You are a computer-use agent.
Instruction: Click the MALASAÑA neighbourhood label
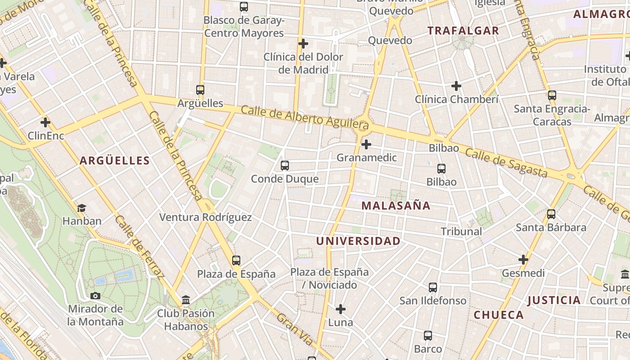[396, 206]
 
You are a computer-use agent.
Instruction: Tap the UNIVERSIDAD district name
[358, 241]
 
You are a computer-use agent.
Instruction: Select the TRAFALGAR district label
[463, 31]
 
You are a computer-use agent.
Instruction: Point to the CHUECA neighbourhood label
[499, 315]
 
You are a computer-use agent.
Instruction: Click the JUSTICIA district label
[554, 300]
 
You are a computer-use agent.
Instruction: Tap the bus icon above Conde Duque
[285, 166]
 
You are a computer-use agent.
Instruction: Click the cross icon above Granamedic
[366, 144]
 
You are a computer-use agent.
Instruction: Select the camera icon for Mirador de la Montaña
[95, 296]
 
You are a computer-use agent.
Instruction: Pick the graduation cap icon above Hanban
[81, 208]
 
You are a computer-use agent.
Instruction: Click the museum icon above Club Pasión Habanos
[186, 300]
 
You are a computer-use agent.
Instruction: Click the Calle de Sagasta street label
[506, 162]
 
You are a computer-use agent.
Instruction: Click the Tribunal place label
[461, 232]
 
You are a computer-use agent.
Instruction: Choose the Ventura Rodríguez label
[206, 217]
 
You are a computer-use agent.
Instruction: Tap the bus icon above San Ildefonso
[433, 287]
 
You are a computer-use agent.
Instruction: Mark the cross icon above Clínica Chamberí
[456, 86]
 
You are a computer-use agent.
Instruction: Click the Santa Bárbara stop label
[551, 228]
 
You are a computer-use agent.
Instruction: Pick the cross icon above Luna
[341, 309]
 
